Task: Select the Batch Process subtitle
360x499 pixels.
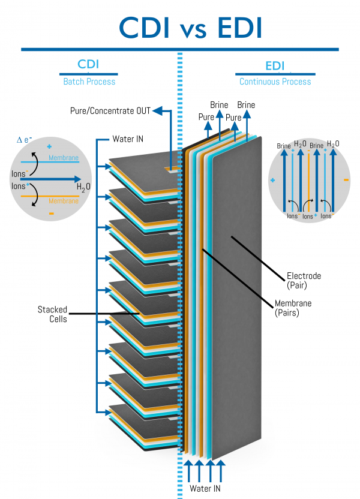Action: [x=89, y=82]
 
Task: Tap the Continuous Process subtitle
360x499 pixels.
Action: [x=275, y=82]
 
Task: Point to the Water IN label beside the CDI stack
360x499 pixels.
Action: [x=128, y=139]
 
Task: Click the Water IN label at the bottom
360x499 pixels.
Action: [x=205, y=488]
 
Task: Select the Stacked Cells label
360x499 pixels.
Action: [x=52, y=314]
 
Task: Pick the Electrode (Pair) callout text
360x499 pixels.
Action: [x=303, y=280]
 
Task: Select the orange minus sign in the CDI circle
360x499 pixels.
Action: [x=51, y=213]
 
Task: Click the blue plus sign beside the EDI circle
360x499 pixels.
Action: [x=272, y=179]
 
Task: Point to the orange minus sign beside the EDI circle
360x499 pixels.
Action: [x=347, y=179]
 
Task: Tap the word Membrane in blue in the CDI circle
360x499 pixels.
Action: [x=64, y=157]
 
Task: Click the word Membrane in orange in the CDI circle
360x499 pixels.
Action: [x=64, y=202]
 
